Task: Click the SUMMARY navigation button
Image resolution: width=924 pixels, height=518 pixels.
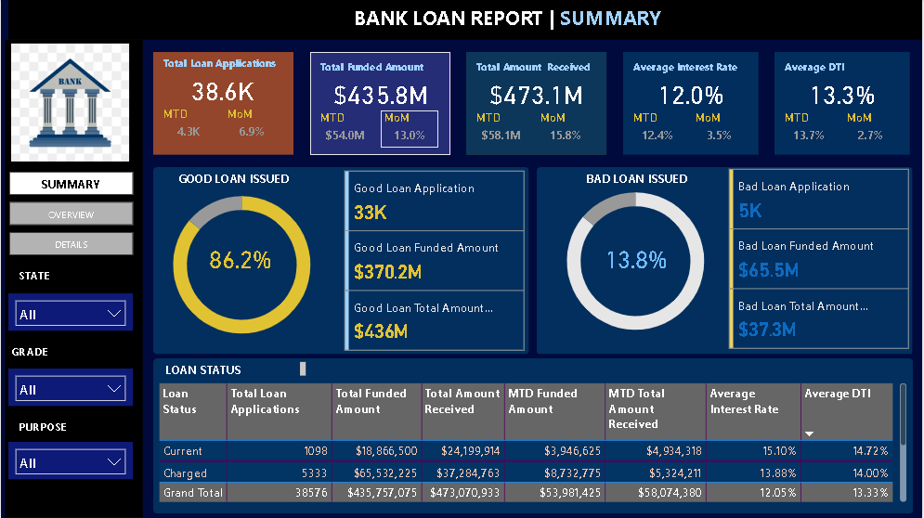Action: [71, 184]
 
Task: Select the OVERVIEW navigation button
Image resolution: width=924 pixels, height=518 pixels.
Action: [71, 214]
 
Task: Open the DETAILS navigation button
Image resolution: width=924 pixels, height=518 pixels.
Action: [71, 244]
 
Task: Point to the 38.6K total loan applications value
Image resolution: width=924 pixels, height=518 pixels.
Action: [223, 91]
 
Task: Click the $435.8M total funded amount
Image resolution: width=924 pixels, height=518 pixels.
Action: [381, 95]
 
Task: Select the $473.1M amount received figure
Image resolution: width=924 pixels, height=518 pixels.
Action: [537, 95]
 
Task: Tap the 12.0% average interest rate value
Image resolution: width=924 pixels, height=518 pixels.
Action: [691, 95]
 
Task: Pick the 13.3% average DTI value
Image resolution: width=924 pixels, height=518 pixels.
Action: [842, 95]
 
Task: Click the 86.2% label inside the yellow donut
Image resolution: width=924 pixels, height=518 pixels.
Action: [240, 261]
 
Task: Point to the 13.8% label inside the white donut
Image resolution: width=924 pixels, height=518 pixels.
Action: [636, 261]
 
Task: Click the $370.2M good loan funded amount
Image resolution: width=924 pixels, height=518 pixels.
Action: [387, 272]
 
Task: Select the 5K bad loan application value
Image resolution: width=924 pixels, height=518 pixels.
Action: [749, 211]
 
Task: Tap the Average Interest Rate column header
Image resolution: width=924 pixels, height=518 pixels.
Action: [744, 401]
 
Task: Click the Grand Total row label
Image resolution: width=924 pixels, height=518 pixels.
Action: [192, 493]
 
